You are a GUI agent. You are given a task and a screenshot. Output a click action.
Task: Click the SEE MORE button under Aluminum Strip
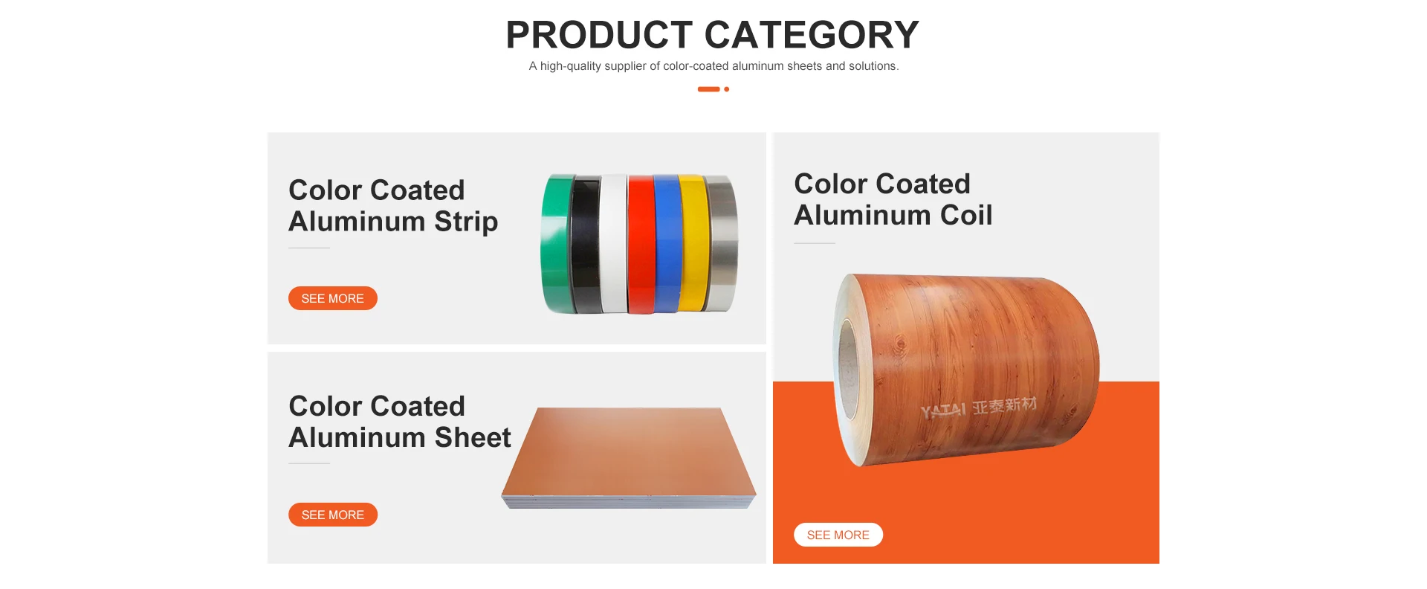(332, 298)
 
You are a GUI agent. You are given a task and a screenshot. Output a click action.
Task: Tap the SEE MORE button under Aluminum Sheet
(332, 515)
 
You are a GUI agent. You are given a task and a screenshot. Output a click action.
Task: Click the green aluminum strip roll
(556, 244)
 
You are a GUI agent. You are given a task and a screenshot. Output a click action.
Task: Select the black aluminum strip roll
(586, 244)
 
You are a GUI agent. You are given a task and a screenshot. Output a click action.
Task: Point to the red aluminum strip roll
(641, 244)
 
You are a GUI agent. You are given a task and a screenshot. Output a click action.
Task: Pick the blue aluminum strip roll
(667, 244)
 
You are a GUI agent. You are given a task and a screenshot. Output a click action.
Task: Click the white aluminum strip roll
(614, 244)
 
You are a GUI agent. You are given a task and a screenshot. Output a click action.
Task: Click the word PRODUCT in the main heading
(600, 35)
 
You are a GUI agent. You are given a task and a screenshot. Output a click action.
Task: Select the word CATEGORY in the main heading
(812, 35)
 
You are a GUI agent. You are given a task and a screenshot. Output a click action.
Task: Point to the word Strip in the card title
(466, 222)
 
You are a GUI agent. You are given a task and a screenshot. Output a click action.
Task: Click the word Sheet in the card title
(473, 437)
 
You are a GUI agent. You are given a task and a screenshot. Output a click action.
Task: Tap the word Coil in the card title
(966, 215)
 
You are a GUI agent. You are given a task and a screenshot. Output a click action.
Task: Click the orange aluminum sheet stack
(629, 457)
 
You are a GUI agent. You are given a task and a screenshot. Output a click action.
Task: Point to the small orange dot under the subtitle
(726, 89)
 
